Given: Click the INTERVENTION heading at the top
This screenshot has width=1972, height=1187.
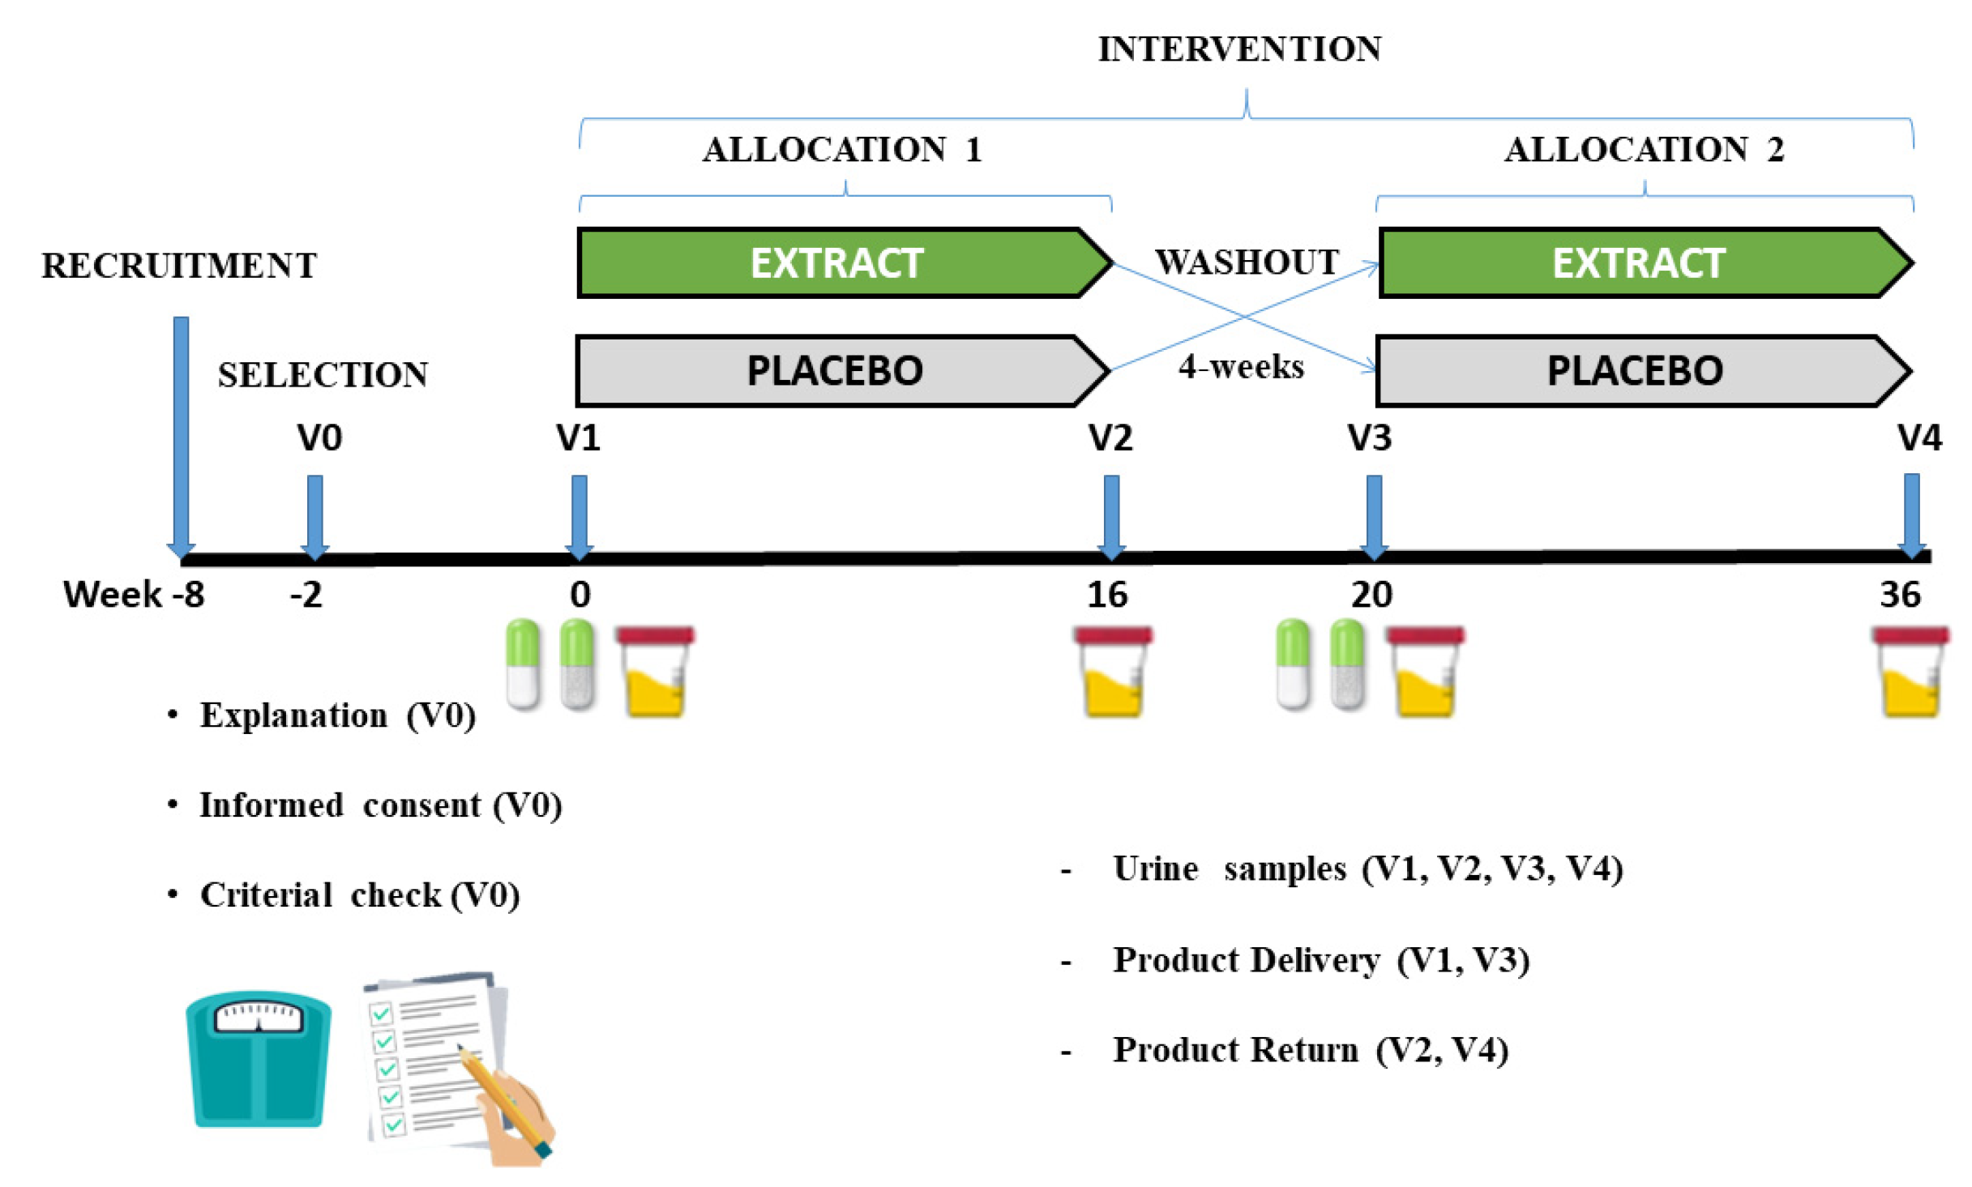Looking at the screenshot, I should pyautogui.click(x=1239, y=49).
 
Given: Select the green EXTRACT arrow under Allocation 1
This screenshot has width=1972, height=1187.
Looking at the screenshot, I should pyautogui.click(x=836, y=263).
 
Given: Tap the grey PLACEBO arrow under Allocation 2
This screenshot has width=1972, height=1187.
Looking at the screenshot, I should pyautogui.click(x=1635, y=371).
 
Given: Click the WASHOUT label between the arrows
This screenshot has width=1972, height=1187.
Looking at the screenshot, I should pyautogui.click(x=1247, y=262).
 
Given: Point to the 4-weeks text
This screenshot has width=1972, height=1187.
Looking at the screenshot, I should pyautogui.click(x=1241, y=367).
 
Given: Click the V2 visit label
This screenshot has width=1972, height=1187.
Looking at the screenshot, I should pyautogui.click(x=1110, y=438).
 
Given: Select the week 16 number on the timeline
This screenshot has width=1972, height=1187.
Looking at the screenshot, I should pyautogui.click(x=1106, y=596).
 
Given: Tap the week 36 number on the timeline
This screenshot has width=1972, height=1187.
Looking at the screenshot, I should pyautogui.click(x=1899, y=596).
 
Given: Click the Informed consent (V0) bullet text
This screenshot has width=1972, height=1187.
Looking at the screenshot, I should pyautogui.click(x=380, y=805).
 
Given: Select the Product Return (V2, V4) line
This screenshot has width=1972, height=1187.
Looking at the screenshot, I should pyautogui.click(x=1310, y=1050).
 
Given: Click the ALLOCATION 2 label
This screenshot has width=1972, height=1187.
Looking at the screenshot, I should pyautogui.click(x=1644, y=150).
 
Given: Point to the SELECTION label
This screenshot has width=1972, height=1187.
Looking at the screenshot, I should pyautogui.click(x=323, y=374).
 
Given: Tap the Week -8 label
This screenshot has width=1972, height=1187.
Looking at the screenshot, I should pyautogui.click(x=134, y=596).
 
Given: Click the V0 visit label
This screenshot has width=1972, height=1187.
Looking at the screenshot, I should pyautogui.click(x=319, y=438).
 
